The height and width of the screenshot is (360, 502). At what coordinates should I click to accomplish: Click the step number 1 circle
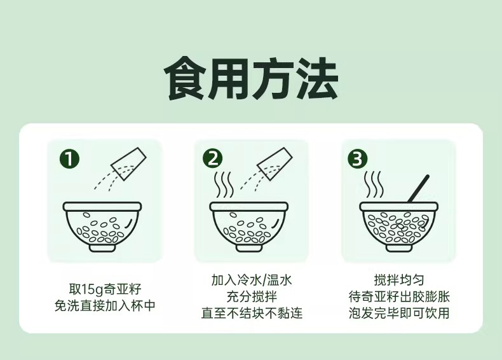69,159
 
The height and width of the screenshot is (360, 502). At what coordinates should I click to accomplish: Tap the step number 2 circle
213,159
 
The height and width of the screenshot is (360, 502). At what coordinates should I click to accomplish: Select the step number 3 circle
358,159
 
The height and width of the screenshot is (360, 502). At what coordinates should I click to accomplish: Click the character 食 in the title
186,78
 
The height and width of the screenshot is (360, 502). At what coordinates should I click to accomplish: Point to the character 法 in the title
316,78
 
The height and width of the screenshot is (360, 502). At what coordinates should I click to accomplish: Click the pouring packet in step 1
128,163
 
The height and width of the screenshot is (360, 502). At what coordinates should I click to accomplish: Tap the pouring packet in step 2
275,163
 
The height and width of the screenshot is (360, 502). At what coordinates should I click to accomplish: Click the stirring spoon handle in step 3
418,189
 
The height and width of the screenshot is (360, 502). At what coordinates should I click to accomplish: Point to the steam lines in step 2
224,185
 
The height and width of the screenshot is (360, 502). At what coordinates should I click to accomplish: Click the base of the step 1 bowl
102,247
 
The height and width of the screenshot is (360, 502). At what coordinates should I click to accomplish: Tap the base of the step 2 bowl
249,247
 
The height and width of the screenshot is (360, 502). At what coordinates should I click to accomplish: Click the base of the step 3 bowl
398,247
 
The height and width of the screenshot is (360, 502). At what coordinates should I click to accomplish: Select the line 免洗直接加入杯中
105,305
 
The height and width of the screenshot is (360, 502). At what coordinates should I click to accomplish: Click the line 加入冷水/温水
252,280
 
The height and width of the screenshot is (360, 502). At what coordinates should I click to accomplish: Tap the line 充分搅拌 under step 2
252,296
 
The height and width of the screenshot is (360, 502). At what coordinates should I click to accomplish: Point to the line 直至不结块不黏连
252,313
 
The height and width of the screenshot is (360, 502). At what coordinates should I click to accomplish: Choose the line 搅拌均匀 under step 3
399,280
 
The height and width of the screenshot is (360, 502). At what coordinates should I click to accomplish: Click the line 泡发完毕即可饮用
399,313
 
